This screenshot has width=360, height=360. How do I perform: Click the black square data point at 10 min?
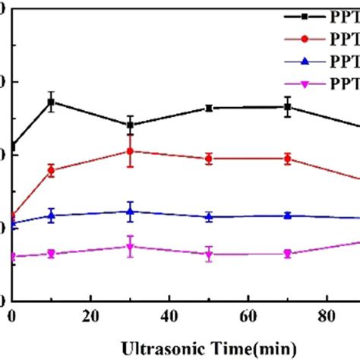tap(51, 101)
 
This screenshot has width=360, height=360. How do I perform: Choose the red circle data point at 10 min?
tap(51, 170)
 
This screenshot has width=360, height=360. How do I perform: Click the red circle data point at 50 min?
tap(209, 159)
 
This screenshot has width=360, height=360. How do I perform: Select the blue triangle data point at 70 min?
tap(287, 215)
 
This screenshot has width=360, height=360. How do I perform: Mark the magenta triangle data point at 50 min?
tap(209, 254)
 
